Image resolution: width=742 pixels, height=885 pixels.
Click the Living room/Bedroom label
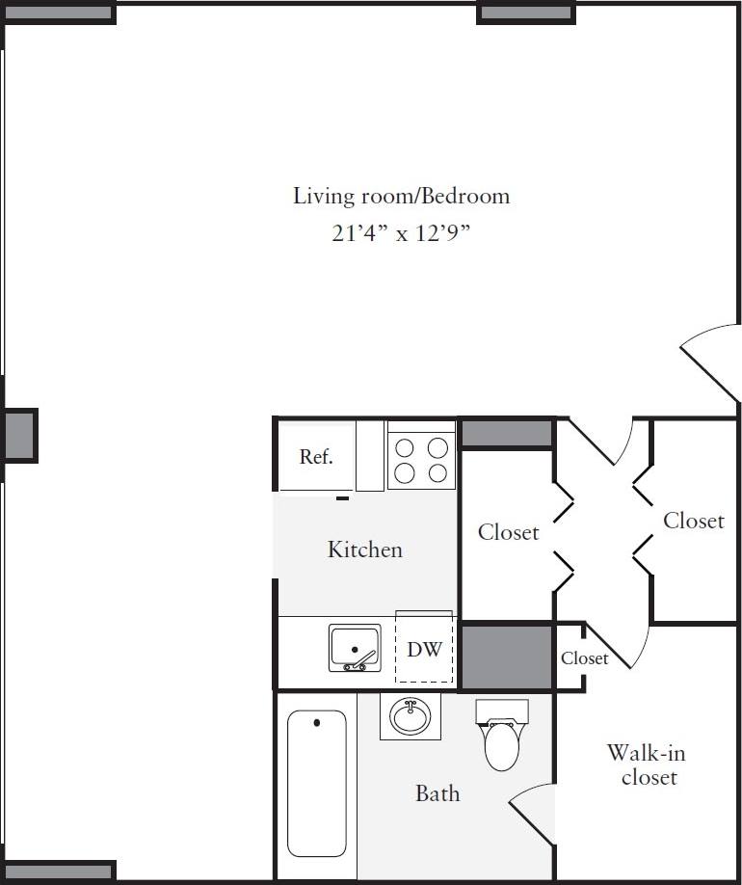[401, 196]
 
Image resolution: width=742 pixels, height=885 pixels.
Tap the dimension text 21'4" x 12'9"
[401, 234]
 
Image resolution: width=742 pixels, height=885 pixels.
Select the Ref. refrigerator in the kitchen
[316, 456]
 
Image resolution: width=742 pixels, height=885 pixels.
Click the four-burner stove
[421, 460]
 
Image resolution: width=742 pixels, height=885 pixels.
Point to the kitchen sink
[355, 648]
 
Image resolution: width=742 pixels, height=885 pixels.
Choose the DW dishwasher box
[424, 649]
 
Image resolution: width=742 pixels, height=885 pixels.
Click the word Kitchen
[364, 550]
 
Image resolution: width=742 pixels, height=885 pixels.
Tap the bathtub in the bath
[317, 782]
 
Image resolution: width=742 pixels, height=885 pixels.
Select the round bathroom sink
[411, 716]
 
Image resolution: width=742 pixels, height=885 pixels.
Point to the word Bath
[437, 793]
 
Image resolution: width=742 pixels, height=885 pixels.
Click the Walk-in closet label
[648, 764]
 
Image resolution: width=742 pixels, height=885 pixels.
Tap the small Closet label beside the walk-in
[584, 658]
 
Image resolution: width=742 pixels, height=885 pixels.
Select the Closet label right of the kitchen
[508, 531]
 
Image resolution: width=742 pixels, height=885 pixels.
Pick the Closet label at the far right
[693, 521]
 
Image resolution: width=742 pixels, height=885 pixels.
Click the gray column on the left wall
[18, 436]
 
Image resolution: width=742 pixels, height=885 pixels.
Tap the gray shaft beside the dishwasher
[507, 657]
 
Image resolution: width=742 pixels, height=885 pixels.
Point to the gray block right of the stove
[507, 433]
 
